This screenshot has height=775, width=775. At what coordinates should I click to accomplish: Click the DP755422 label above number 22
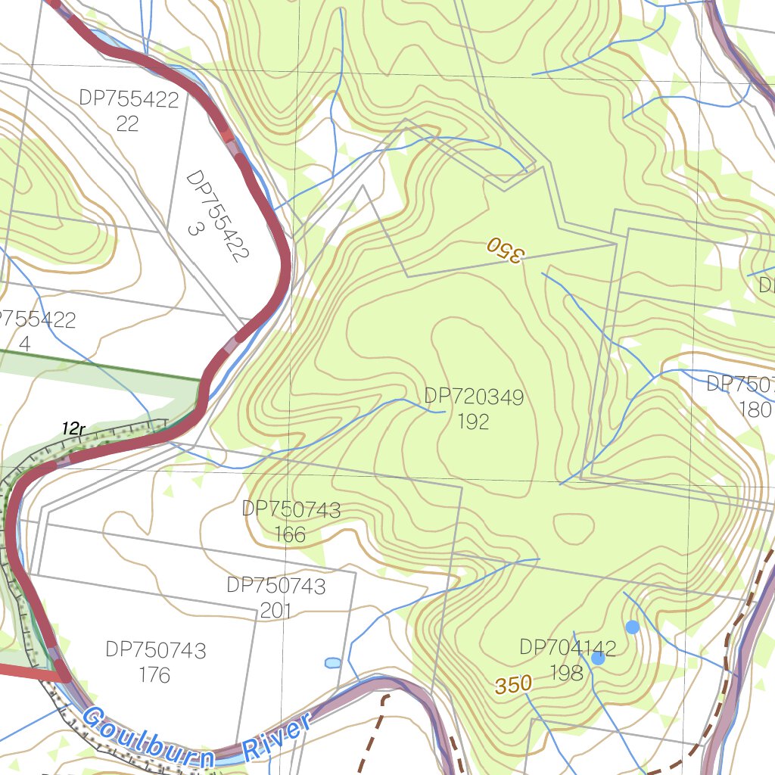tap(128, 99)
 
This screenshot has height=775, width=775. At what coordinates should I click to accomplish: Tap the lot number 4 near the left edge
tap(25, 344)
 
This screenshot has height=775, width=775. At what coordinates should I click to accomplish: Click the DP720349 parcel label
tap(474, 397)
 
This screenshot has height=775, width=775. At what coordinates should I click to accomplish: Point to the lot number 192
tap(473, 422)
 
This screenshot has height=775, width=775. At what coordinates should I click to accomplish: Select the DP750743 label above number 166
tap(291, 509)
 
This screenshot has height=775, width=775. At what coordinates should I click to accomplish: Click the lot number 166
tap(290, 535)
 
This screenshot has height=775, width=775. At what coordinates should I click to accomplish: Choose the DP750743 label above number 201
tap(276, 586)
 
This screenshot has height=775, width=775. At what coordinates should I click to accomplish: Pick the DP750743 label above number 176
tap(155, 649)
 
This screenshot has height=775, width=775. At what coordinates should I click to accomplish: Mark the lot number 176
tap(154, 674)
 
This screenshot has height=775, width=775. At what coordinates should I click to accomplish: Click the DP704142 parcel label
tap(568, 647)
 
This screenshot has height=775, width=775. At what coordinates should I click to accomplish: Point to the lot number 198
tap(566, 672)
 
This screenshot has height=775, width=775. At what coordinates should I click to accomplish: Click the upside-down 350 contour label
tap(505, 250)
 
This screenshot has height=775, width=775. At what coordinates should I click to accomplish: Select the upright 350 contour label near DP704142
tap(514, 685)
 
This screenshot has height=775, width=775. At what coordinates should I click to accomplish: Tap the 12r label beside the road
tap(73, 429)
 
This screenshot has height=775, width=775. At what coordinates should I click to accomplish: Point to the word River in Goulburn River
tap(278, 737)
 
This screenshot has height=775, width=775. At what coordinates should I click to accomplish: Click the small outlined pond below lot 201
tap(332, 663)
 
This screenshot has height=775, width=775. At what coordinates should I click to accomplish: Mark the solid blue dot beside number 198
tap(598, 658)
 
